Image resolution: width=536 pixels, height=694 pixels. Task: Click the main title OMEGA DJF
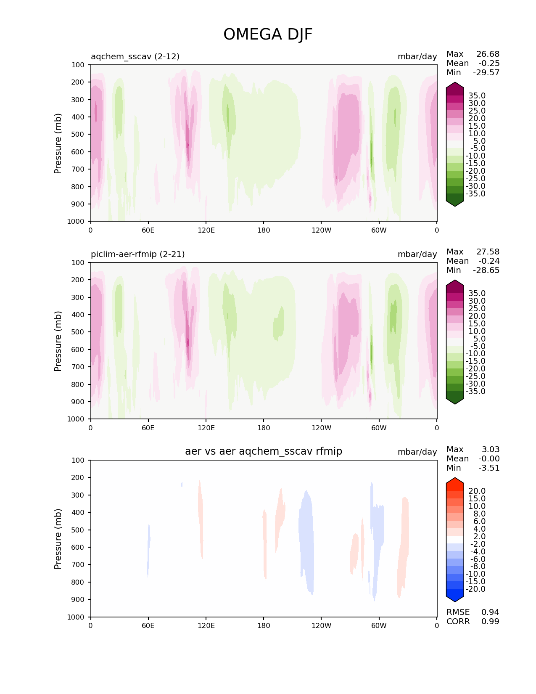pos(268,34)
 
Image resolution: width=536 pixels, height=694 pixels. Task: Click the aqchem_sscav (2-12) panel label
pos(135,56)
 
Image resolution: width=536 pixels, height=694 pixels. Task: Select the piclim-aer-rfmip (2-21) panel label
pos(137,254)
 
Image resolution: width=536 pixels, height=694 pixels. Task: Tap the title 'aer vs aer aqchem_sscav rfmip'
pos(264,451)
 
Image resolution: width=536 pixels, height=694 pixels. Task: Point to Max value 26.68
pos(488,54)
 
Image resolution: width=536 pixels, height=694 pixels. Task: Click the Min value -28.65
pos(486,270)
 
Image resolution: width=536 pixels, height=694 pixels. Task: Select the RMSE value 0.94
pos(490,612)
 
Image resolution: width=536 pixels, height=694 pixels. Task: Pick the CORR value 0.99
pos(490,621)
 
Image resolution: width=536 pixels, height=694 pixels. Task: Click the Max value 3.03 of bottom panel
pos(490,450)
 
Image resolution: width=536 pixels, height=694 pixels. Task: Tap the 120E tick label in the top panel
pos(206,230)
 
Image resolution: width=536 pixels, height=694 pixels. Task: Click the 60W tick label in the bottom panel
pos(379,625)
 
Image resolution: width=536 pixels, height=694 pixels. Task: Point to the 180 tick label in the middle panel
pos(264,428)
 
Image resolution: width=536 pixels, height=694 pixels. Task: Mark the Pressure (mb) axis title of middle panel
pos(58,341)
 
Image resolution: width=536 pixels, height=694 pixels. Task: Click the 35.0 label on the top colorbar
pos(477,96)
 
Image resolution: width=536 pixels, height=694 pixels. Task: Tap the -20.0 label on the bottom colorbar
pos(475,589)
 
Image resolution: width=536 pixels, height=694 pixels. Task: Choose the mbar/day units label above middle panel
pos(417,254)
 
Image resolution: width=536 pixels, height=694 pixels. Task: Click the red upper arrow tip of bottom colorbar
pos(455,481)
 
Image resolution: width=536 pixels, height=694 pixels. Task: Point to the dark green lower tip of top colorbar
pos(455,203)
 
